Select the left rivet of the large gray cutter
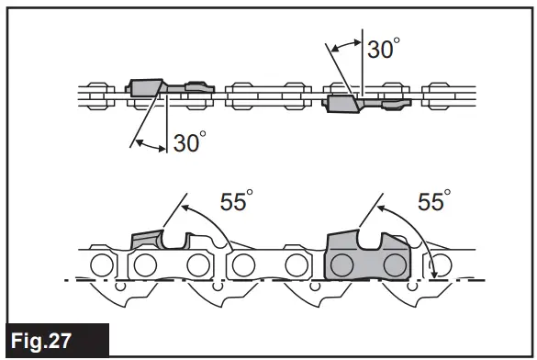[x=341, y=265]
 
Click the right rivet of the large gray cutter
[x=395, y=265]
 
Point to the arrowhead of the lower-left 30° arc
[x=135, y=141]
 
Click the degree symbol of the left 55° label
[x=251, y=194]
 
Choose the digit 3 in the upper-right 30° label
[x=375, y=49]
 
